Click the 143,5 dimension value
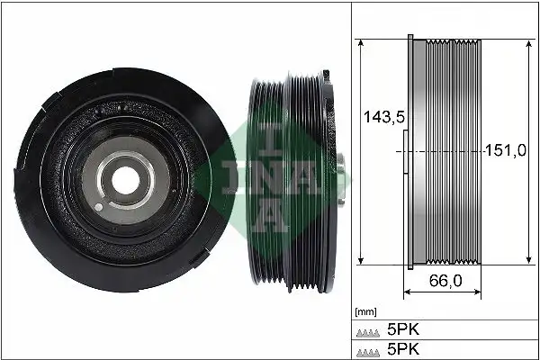[380, 116]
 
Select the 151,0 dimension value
[505, 150]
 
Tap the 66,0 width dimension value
[445, 281]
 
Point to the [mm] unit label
[366, 311]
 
